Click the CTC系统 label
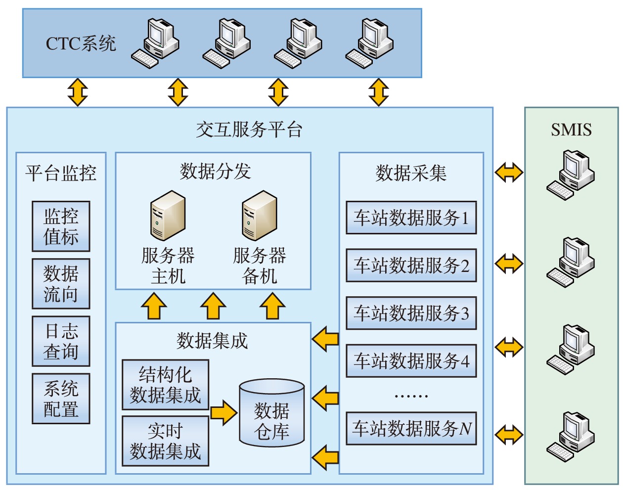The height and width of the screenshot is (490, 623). pyautogui.click(x=81, y=44)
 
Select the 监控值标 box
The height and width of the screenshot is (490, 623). pyautogui.click(x=61, y=226)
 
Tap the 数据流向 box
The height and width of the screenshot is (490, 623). pyautogui.click(x=61, y=284)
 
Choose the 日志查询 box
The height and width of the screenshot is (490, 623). pyautogui.click(x=61, y=341)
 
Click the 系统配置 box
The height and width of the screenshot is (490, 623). pyautogui.click(x=61, y=399)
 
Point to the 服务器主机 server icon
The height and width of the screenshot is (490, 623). pyautogui.click(x=168, y=216)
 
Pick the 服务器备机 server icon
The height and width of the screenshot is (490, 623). pyautogui.click(x=259, y=216)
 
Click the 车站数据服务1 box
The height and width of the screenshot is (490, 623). pyautogui.click(x=411, y=218)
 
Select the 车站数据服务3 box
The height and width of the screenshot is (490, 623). pyautogui.click(x=411, y=313)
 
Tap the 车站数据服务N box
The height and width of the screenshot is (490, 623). pyautogui.click(x=411, y=428)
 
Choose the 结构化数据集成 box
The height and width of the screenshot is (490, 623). pyautogui.click(x=165, y=385)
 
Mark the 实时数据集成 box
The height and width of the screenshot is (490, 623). pyautogui.click(x=165, y=441)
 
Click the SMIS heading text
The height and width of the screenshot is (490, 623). pyautogui.click(x=571, y=130)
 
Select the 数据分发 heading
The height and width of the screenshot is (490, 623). pyautogui.click(x=215, y=172)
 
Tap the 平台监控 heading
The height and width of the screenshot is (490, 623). pyautogui.click(x=61, y=173)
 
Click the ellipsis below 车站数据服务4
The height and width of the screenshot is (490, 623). pyautogui.click(x=411, y=396)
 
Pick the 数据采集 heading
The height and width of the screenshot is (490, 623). pyautogui.click(x=411, y=173)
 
